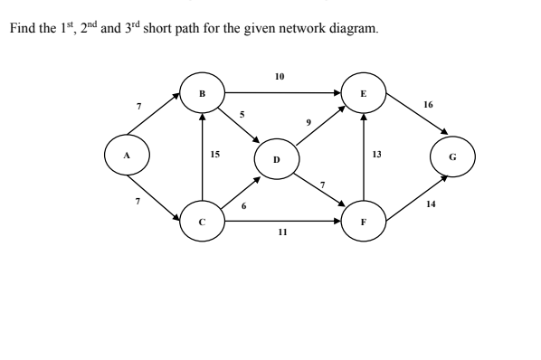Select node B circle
point(202,93)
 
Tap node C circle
point(202,219)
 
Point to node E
point(364,92)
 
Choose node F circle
point(364,219)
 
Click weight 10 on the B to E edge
point(280,77)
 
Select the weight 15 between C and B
point(214,155)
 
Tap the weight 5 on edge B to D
point(242,115)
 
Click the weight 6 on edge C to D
point(243,206)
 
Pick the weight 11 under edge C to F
point(282,232)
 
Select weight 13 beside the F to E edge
point(377,155)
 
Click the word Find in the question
point(22,29)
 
